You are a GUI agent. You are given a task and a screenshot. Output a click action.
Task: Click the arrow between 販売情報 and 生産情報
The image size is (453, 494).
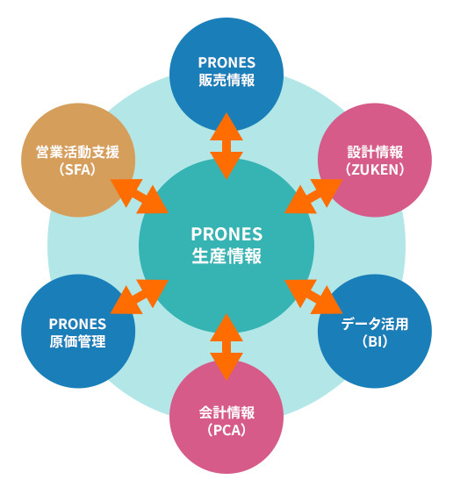(x=226, y=146)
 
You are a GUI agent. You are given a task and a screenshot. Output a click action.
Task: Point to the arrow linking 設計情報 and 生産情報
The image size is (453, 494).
(x=313, y=195)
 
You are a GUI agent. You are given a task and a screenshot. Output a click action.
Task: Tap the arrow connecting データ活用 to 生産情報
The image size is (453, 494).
(x=313, y=296)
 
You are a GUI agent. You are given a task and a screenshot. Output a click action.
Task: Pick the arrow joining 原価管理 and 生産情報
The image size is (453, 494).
(x=140, y=296)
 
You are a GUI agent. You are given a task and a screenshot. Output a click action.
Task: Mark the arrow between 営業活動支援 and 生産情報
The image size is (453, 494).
(x=140, y=195)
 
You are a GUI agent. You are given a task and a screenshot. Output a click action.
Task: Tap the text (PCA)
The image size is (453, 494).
(x=226, y=431)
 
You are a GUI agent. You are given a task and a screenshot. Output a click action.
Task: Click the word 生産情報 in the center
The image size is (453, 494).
(x=226, y=256)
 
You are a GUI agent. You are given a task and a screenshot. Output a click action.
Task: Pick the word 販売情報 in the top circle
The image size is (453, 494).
(x=226, y=82)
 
